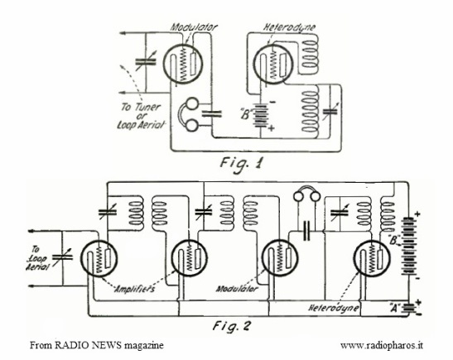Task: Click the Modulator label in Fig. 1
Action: (194, 27)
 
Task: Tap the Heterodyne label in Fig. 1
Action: (289, 27)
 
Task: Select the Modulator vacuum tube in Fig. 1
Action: (182, 64)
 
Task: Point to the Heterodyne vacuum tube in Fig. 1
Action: (273, 64)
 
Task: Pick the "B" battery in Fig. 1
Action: (261, 116)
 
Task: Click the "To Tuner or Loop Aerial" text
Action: (141, 117)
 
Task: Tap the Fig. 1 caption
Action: (242, 164)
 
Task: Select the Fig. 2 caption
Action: (232, 326)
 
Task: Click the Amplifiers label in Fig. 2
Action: (135, 289)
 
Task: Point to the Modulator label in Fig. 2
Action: (237, 289)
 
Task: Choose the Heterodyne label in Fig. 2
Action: (334, 308)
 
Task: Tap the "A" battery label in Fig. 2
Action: (393, 308)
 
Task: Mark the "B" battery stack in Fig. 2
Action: (408, 246)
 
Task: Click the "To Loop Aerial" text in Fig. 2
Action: (37, 258)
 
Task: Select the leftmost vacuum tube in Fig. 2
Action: (99, 259)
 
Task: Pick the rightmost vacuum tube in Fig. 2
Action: (372, 259)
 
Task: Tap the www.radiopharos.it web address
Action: (382, 346)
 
